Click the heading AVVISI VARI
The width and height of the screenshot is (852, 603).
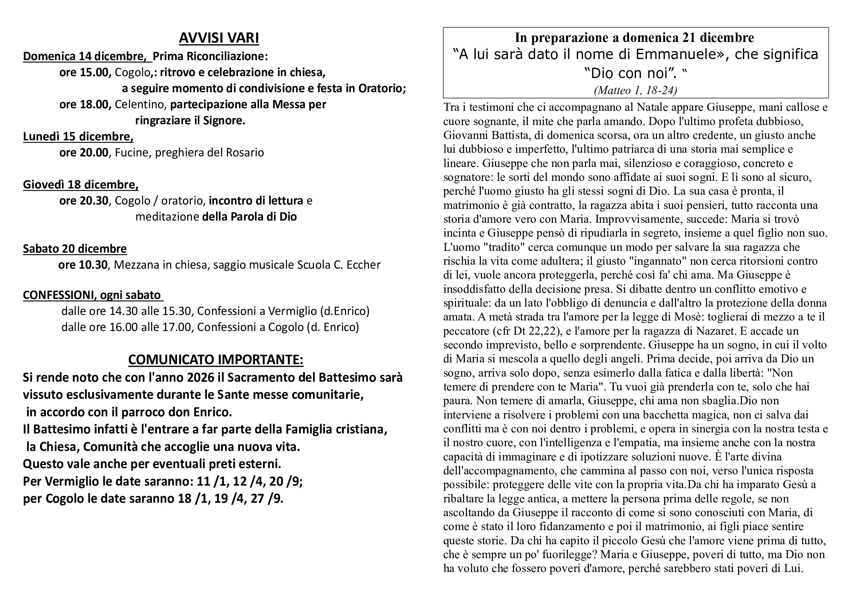219,38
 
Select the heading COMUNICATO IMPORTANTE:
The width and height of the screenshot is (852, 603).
216,359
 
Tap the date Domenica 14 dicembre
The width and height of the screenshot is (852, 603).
83,56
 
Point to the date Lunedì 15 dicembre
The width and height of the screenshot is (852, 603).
78,137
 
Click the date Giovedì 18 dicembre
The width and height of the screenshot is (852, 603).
81,184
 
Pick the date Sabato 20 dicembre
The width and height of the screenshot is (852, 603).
75,248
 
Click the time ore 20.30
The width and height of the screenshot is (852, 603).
83,201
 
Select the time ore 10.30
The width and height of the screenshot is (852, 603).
83,265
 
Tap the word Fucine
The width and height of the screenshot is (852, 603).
132,153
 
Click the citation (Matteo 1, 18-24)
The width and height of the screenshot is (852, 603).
635,90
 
